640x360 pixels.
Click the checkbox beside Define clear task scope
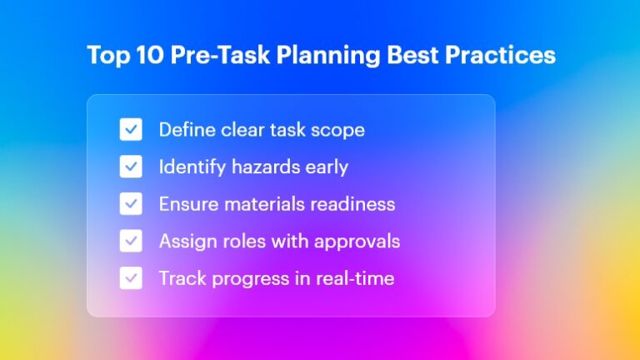click(131, 129)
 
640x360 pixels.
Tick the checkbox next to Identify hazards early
click(131, 167)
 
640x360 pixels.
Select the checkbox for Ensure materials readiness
click(131, 203)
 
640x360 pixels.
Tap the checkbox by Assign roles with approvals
click(131, 241)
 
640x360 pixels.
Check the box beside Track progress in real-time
click(131, 277)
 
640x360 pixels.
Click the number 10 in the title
click(147, 56)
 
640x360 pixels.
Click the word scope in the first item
click(339, 130)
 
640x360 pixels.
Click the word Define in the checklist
click(186, 129)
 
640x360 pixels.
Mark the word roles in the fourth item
click(240, 241)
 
